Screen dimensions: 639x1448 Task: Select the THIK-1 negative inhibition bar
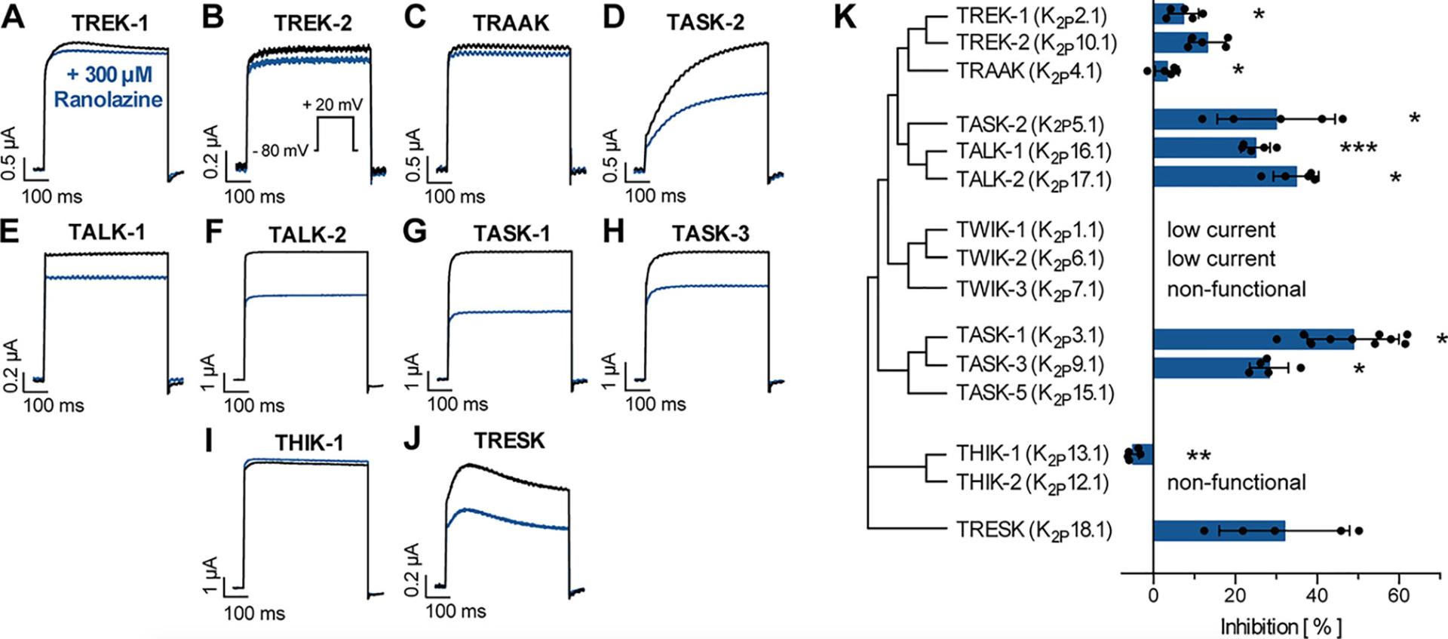click(1143, 453)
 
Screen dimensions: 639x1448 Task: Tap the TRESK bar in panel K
click(1218, 530)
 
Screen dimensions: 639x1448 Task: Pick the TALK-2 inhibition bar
click(1224, 176)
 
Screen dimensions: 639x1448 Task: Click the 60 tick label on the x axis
click(1398, 595)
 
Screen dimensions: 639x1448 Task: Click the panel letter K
click(845, 17)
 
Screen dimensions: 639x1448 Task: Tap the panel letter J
click(412, 438)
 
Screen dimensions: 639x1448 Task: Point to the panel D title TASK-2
click(704, 23)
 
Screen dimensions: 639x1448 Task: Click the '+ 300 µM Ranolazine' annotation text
click(109, 87)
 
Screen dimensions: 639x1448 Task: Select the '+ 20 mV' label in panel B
click(332, 105)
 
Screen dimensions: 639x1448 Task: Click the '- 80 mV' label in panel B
click(280, 150)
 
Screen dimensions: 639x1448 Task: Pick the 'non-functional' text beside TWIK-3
click(1236, 289)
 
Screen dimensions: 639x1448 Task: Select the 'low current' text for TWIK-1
click(1221, 229)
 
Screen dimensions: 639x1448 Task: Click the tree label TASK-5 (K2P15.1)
click(1035, 394)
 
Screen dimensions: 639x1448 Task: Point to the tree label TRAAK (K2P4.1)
click(1029, 72)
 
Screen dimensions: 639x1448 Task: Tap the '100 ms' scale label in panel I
click(254, 613)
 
